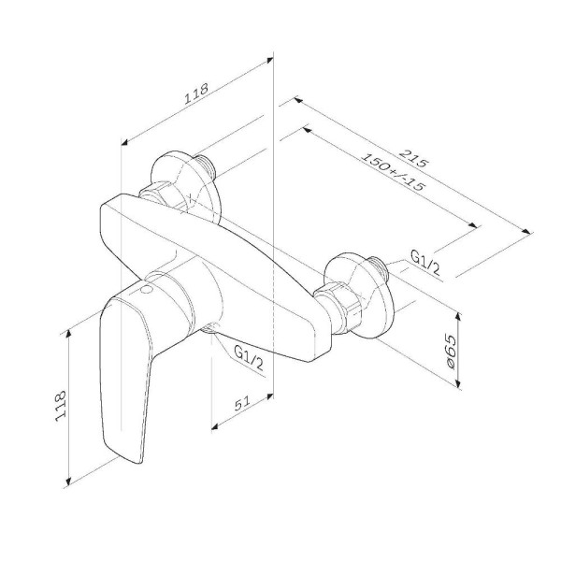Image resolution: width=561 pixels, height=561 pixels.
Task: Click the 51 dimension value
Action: (x=242, y=404)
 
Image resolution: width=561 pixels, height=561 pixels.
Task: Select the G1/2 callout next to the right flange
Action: (x=424, y=265)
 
